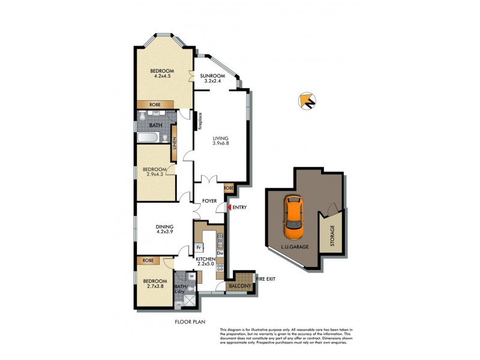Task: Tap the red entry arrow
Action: click(227, 208)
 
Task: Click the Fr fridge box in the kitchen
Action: click(198, 247)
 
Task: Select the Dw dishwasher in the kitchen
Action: click(220, 254)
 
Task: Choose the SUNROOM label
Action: click(212, 76)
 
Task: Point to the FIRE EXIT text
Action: click(265, 278)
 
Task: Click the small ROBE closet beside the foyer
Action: click(229, 188)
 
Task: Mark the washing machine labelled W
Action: click(191, 276)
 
